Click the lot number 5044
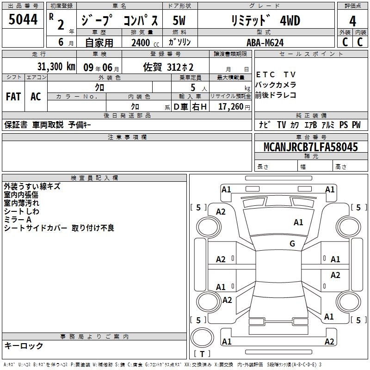tap(23, 19)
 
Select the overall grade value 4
tap(352, 21)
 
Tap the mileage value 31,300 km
tap(56, 67)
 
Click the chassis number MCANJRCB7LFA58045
tap(311, 147)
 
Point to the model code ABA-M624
tap(265, 43)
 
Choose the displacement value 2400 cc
tap(145, 43)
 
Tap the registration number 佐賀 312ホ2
tap(168, 67)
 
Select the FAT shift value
tap(13, 97)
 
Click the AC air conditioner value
tap(36, 97)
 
